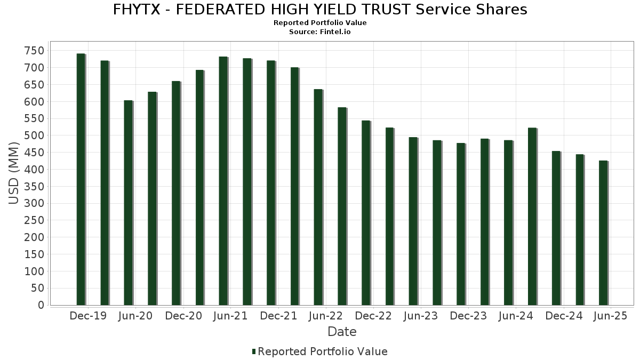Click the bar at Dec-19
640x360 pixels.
pos(81,179)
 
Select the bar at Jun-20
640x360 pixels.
pos(129,203)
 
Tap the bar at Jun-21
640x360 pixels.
pos(223,181)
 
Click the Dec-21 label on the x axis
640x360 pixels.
pos(278,316)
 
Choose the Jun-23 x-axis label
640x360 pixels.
pos(421,316)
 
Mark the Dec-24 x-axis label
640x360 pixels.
pos(564,316)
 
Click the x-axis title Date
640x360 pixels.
pos(342,332)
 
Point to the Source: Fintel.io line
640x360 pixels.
pos(320,32)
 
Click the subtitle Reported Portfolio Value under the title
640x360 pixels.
pos(320,23)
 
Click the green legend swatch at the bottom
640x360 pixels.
pos(254,351)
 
